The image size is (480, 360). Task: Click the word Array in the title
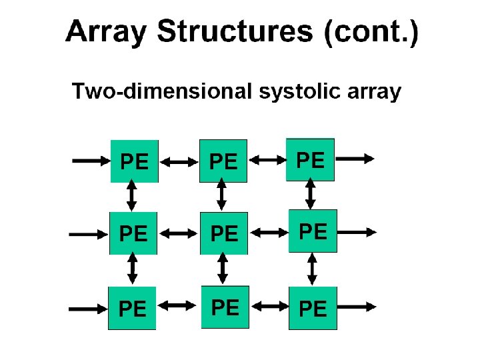tap(105, 33)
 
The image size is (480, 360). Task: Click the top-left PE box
tap(133, 161)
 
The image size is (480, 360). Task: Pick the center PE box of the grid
tap(224, 233)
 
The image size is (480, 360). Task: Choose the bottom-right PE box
tap(313, 308)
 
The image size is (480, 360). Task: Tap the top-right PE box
tap(310, 159)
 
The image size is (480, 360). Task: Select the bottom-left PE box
tap(132, 308)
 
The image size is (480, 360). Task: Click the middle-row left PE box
tap(133, 233)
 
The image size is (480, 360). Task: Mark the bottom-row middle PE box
tap(225, 307)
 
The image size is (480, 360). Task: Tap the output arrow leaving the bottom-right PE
tap(357, 307)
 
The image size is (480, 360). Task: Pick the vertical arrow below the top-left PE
tap(132, 196)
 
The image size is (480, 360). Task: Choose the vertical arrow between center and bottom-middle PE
tap(223, 270)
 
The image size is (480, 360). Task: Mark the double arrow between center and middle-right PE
tap(269, 233)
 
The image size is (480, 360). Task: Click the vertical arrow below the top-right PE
tap(310, 194)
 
